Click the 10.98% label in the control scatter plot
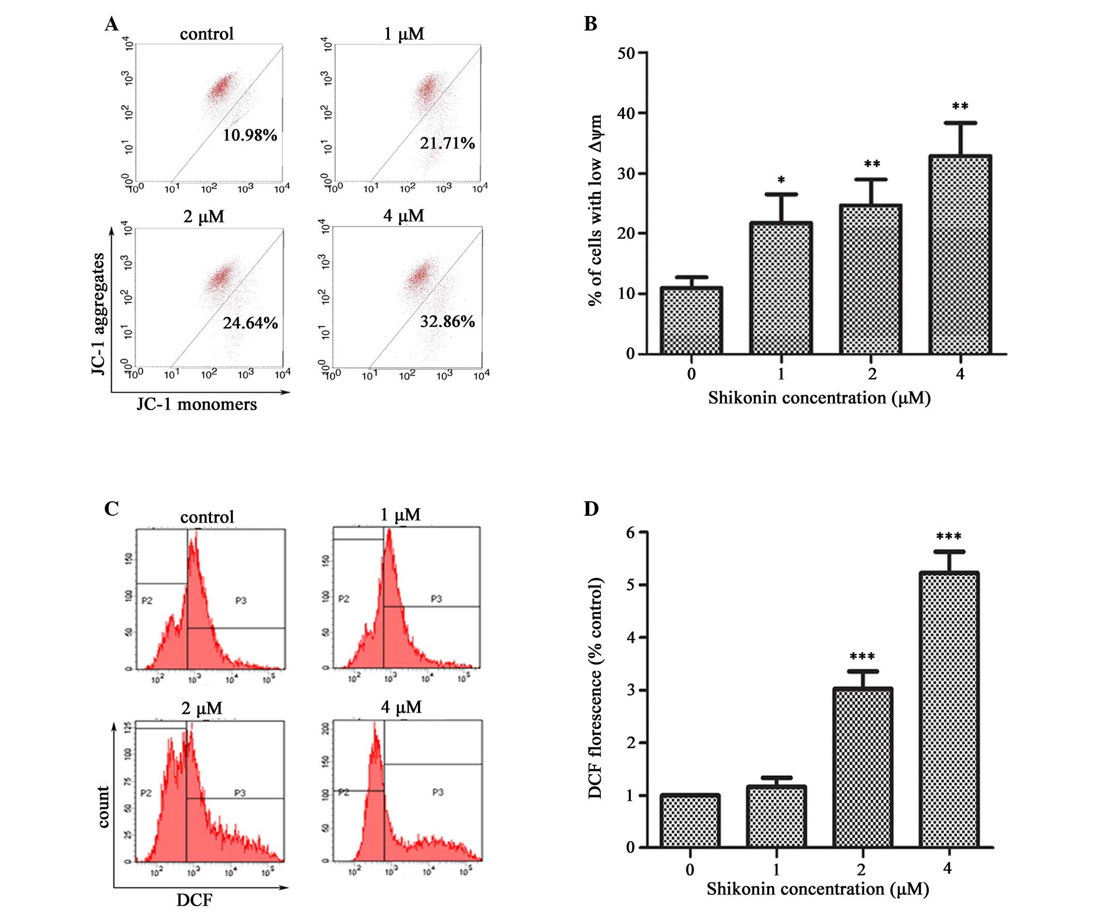click(250, 135)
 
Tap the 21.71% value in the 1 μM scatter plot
click(447, 143)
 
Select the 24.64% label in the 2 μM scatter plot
click(250, 323)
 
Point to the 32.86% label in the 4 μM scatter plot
click(448, 321)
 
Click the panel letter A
click(112, 24)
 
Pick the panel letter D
click(591, 509)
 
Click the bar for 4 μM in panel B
click(960, 254)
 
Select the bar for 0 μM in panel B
click(691, 320)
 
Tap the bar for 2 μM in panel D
click(862, 768)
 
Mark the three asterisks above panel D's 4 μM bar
click(948, 537)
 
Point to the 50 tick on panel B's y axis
click(626, 53)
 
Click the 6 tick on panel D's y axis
click(630, 533)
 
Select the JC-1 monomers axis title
click(197, 405)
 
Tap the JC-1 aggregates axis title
click(98, 314)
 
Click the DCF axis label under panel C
click(195, 900)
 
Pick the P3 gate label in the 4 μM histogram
click(438, 792)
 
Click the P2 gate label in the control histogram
click(147, 600)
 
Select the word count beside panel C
click(103, 806)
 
